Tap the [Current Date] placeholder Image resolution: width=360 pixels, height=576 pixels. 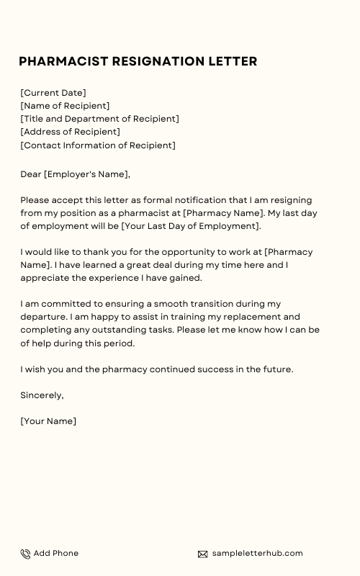(53, 93)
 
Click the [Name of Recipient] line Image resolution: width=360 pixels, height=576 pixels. (65, 106)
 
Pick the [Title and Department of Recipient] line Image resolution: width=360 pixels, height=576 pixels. (99, 119)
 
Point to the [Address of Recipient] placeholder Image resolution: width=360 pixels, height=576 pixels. (70, 132)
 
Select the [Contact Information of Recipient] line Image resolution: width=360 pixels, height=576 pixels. (98, 145)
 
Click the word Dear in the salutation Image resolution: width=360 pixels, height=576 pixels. (30, 174)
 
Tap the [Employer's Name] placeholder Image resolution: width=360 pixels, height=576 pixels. (87, 174)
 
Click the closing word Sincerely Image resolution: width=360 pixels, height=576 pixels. (42, 395)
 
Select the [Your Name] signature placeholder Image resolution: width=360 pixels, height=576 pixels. (48, 421)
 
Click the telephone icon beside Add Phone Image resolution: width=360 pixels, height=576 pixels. (25, 554)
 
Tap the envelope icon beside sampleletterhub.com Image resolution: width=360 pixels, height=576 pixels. (202, 554)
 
